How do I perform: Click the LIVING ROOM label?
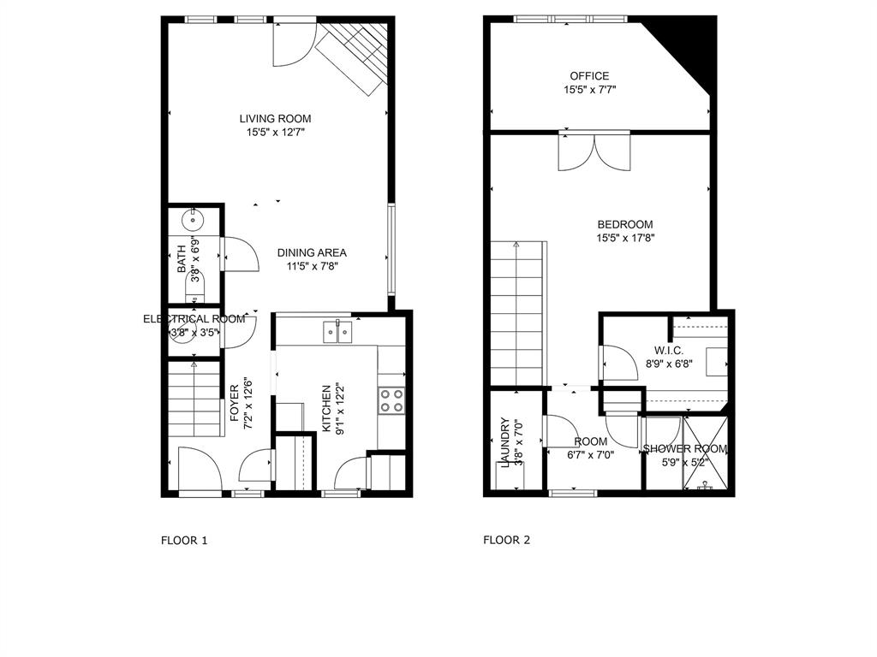[x=275, y=119]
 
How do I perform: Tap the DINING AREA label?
[x=312, y=252]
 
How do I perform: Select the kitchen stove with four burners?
[x=391, y=400]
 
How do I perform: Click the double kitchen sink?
[x=338, y=331]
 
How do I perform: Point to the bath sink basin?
[x=194, y=220]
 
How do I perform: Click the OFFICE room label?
[x=589, y=76]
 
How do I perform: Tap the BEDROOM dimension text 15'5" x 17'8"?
[x=625, y=239]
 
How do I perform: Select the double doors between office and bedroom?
[x=594, y=151]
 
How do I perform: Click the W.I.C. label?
[x=668, y=350]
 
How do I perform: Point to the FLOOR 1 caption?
[x=184, y=540]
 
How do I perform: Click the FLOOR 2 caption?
[x=507, y=540]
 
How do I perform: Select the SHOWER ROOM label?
[x=684, y=449]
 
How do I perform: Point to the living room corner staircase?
[x=355, y=56]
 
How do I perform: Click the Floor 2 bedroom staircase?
[x=517, y=312]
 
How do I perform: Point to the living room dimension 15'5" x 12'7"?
[x=275, y=133]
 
